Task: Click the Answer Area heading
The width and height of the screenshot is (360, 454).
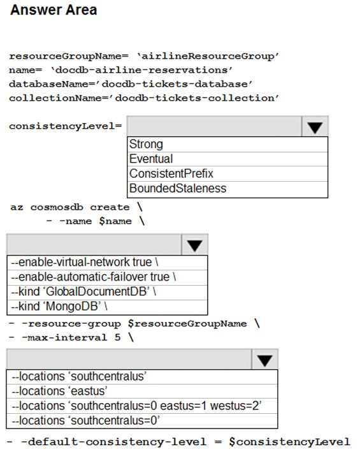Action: click(x=54, y=10)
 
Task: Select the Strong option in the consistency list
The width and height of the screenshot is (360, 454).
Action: click(x=146, y=144)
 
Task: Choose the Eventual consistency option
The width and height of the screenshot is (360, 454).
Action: click(x=151, y=159)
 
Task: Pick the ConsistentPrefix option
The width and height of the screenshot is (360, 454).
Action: click(x=171, y=173)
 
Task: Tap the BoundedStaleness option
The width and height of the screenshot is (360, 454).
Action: click(x=178, y=189)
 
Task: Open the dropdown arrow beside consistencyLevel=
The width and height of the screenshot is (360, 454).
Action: click(x=315, y=126)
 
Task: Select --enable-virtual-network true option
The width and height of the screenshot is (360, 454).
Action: click(x=85, y=262)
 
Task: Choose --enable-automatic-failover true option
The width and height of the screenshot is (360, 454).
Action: click(x=94, y=277)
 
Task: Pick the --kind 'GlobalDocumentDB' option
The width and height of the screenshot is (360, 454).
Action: click(x=83, y=292)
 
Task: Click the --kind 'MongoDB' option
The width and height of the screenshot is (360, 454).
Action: click(x=59, y=307)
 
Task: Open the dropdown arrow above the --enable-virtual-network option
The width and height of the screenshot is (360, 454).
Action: click(x=194, y=245)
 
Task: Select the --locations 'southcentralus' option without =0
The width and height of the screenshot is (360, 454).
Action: click(x=79, y=376)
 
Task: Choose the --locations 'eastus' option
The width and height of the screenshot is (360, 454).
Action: click(x=59, y=391)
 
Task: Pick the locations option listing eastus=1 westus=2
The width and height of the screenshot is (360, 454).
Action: click(x=136, y=406)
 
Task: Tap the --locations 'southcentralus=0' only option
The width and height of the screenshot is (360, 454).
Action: click(x=85, y=421)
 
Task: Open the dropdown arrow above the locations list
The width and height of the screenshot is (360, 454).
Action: click(x=265, y=360)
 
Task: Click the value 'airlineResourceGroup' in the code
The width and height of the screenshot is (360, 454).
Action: click(x=208, y=56)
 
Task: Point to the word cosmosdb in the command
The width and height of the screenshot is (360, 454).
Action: click(x=57, y=207)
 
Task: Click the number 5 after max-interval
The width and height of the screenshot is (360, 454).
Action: click(x=117, y=337)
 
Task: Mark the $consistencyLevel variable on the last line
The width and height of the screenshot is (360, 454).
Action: click(x=289, y=442)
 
